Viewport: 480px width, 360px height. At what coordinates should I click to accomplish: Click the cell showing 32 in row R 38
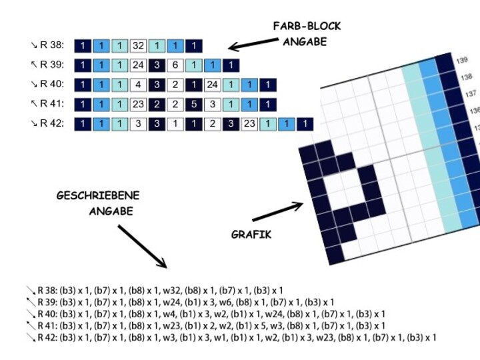pyautogui.click(x=138, y=46)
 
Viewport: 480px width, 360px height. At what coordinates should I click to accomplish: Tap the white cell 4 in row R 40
pyautogui.click(x=138, y=85)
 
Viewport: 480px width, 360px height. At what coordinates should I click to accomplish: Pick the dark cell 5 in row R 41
pyautogui.click(x=193, y=104)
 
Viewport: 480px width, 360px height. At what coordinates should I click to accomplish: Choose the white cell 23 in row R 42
pyautogui.click(x=249, y=123)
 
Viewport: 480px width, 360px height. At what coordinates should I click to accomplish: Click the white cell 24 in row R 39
pyautogui.click(x=138, y=65)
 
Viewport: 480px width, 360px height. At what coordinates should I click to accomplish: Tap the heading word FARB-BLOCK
pyautogui.click(x=307, y=26)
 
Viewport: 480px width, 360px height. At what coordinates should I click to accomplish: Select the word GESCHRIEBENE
pyautogui.click(x=98, y=196)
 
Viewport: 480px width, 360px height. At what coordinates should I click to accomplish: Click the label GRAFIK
pyautogui.click(x=251, y=235)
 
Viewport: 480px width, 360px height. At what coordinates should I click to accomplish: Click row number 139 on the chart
pyautogui.click(x=462, y=61)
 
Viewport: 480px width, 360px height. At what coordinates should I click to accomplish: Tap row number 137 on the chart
pyautogui.click(x=471, y=93)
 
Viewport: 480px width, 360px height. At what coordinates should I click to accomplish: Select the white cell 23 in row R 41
pyautogui.click(x=138, y=104)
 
